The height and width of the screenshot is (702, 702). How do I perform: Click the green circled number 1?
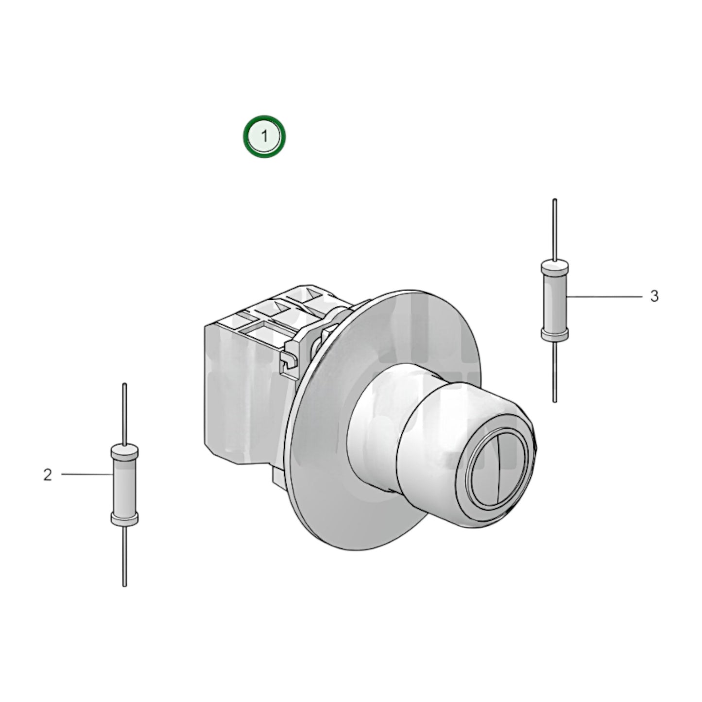click(264, 137)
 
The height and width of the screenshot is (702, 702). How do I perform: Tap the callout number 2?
click(47, 475)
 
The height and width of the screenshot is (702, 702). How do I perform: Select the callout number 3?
click(654, 296)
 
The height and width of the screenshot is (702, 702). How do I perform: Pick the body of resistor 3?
click(554, 300)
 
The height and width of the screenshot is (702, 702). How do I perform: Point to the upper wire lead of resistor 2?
click(125, 413)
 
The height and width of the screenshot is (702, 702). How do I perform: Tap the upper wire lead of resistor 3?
click(554, 228)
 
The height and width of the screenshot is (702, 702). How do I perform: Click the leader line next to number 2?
click(87, 474)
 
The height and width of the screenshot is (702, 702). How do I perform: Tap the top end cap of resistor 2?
click(124, 451)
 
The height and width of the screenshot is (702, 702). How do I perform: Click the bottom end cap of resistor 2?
click(124, 519)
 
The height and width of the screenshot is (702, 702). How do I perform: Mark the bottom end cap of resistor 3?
click(554, 334)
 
